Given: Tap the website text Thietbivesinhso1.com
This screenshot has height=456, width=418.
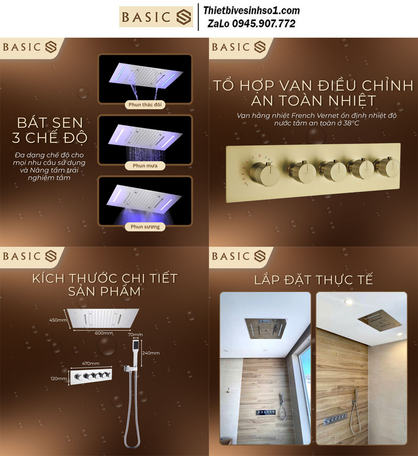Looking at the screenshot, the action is (x=252, y=10).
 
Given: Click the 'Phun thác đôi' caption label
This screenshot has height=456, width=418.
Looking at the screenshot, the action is (x=145, y=105).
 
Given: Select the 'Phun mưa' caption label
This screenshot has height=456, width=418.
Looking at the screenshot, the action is (x=145, y=166).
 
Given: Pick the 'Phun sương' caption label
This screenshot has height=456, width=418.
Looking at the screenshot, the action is (x=145, y=227).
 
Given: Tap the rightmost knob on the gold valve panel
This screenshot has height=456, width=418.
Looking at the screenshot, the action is (x=387, y=168).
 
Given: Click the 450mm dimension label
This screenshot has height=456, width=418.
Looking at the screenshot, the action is (x=58, y=320).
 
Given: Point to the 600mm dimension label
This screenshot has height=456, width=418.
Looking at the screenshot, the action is (x=104, y=333).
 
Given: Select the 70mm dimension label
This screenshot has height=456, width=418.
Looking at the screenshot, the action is (x=135, y=334).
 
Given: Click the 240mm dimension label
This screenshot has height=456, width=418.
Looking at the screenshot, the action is (x=150, y=353).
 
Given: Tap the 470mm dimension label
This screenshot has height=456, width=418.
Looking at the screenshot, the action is (x=91, y=363).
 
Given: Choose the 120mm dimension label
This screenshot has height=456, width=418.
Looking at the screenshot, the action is (x=59, y=378).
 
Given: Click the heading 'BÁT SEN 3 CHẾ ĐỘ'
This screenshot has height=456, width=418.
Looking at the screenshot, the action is (x=50, y=130).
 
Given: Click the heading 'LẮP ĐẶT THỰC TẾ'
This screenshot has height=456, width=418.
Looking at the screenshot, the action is (x=313, y=280).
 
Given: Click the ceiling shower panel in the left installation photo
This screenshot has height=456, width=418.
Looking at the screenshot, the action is (x=266, y=328).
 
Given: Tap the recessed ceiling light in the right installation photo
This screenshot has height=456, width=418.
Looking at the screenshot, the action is (x=349, y=302).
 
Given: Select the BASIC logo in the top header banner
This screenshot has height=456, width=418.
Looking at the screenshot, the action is (x=156, y=17).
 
